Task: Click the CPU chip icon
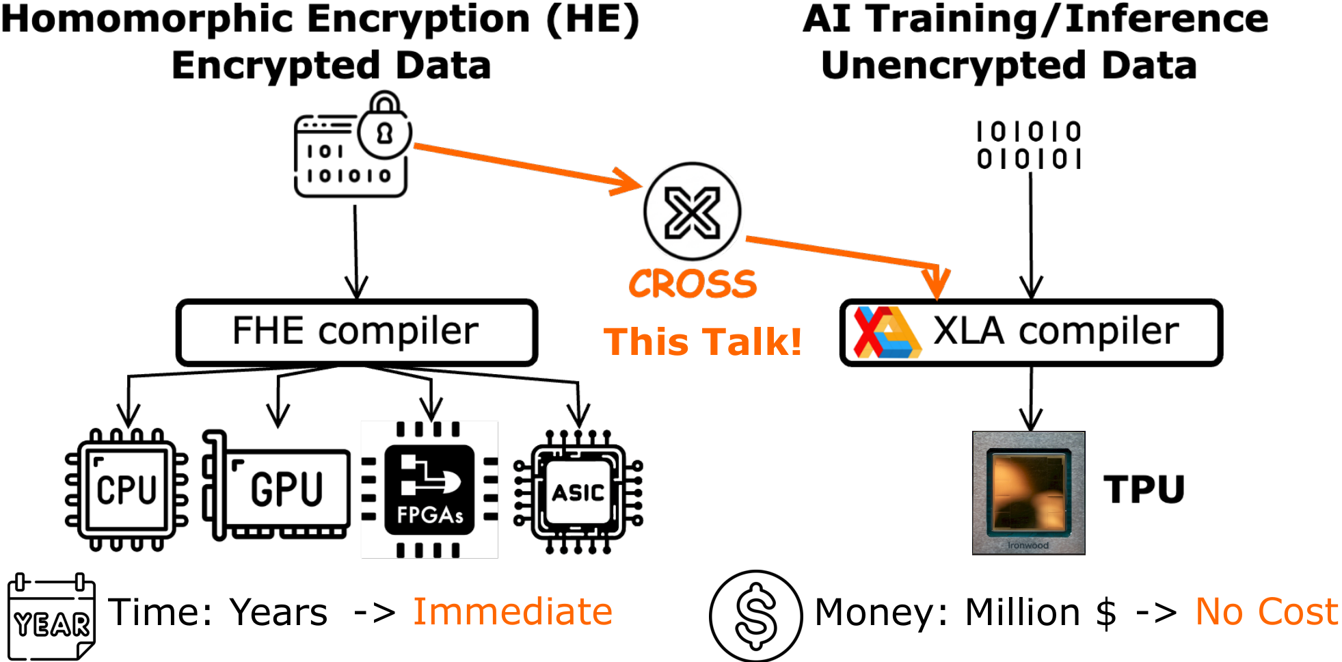(126, 490)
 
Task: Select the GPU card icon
(277, 487)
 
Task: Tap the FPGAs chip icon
(429, 490)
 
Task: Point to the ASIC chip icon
(578, 491)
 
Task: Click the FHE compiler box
(356, 332)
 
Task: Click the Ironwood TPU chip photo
(1028, 492)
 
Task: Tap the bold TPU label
(1144, 490)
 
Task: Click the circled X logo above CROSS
(692, 211)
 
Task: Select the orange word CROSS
(693, 284)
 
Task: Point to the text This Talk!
(702, 342)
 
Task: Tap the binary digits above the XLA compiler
(1029, 145)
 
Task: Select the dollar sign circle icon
(755, 615)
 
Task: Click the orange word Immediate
(512, 611)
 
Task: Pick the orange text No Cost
(1266, 611)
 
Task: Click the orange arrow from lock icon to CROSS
(526, 166)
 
